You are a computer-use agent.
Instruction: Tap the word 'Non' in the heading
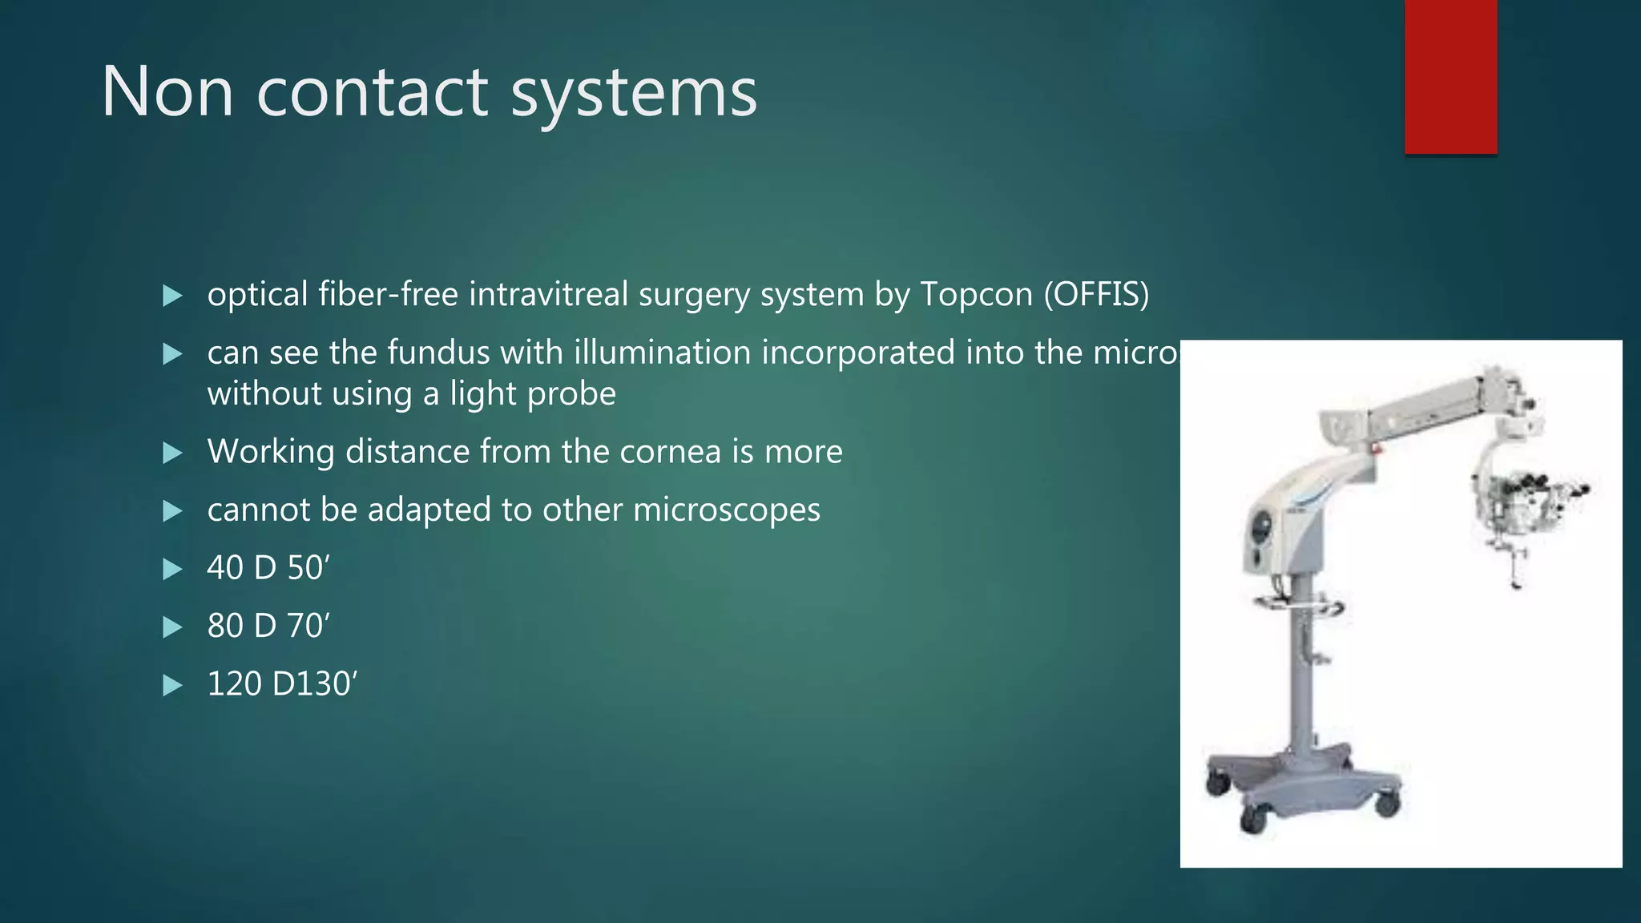[x=167, y=92]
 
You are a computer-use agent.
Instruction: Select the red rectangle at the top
[x=1450, y=76]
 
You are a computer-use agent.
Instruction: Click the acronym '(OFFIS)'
[x=1096, y=295]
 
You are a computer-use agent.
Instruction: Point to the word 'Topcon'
[x=976, y=295]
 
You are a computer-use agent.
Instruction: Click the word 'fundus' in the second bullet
[x=438, y=353]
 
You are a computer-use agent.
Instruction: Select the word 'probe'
[x=575, y=394]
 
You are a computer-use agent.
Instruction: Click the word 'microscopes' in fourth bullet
[x=726, y=510]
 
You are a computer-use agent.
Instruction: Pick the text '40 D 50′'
[x=268, y=568]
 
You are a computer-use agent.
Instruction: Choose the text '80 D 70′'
[x=268, y=626]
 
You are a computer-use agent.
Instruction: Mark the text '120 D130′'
[x=281, y=684]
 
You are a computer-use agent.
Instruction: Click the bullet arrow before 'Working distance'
[x=172, y=453]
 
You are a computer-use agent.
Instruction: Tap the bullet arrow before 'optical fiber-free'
[x=172, y=296]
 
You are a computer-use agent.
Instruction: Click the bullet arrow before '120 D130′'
[x=172, y=685]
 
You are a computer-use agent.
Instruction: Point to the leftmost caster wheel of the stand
[x=1216, y=783]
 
